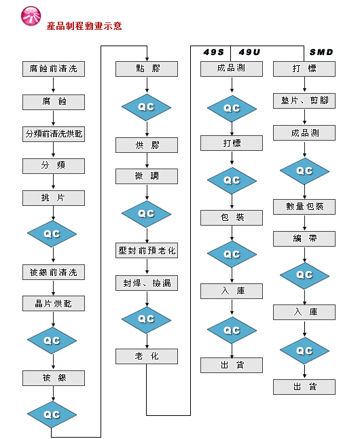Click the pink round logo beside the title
point(31,16)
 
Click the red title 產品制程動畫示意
point(84,26)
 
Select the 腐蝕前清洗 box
point(54,69)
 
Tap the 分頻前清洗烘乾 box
point(54,134)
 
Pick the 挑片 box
point(54,198)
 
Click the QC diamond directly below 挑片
point(52,234)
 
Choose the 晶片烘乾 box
point(54,304)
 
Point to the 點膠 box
point(147,69)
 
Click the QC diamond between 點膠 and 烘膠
point(147,107)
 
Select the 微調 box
point(147,176)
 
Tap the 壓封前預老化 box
point(147,250)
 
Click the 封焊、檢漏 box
point(147,283)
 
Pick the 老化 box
point(147,356)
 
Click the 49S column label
point(213,52)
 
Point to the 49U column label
point(249,52)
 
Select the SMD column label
point(321,52)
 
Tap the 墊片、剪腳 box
point(304,101)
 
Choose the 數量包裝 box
point(304,207)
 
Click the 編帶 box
point(304,239)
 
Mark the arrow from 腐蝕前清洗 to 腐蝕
point(53,85)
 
